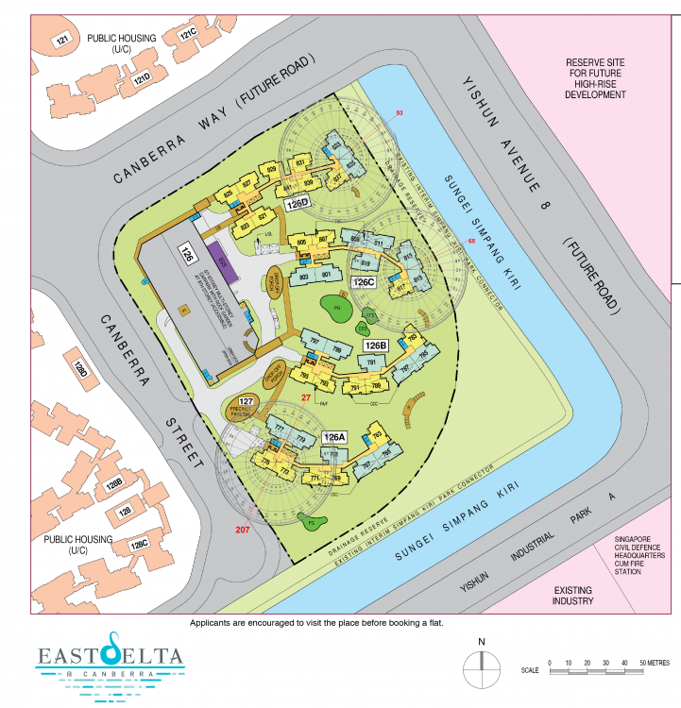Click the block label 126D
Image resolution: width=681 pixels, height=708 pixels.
tap(298, 204)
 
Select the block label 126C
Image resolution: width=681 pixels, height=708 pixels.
tap(365, 282)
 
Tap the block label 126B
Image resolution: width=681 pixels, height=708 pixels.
tap(377, 346)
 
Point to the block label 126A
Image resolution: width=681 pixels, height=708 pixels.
tap(334, 438)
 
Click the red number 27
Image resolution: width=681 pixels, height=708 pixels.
tap(305, 398)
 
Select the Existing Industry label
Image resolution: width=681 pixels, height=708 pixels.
tap(572, 595)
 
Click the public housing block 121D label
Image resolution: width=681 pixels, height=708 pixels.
tap(142, 77)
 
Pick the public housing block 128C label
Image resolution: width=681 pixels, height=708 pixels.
tap(140, 544)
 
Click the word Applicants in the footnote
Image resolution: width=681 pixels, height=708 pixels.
tap(212, 623)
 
